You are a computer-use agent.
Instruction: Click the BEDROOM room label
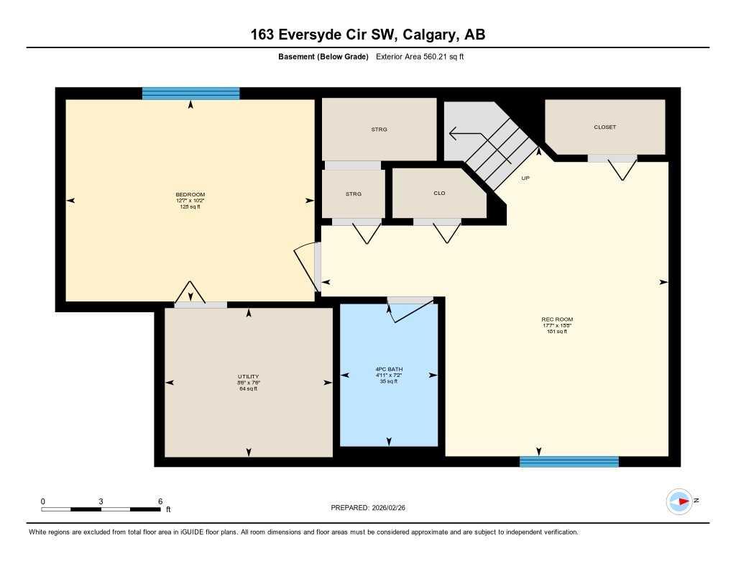click(x=190, y=195)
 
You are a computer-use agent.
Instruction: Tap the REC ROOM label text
click(x=557, y=319)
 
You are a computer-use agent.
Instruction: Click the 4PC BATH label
click(x=388, y=370)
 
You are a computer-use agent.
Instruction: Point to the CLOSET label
click(x=604, y=127)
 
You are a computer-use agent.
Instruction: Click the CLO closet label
click(x=439, y=194)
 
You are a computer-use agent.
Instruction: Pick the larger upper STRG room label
click(x=379, y=129)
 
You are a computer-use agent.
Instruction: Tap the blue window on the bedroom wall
click(x=190, y=94)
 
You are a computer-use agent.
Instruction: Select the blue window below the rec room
click(x=569, y=462)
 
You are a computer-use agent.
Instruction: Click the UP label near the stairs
click(x=525, y=178)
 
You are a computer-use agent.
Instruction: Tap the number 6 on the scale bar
click(x=160, y=501)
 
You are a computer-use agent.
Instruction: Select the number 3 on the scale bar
click(x=101, y=501)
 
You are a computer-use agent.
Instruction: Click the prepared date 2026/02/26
click(x=393, y=508)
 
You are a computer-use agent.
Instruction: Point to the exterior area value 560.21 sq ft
click(x=420, y=57)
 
